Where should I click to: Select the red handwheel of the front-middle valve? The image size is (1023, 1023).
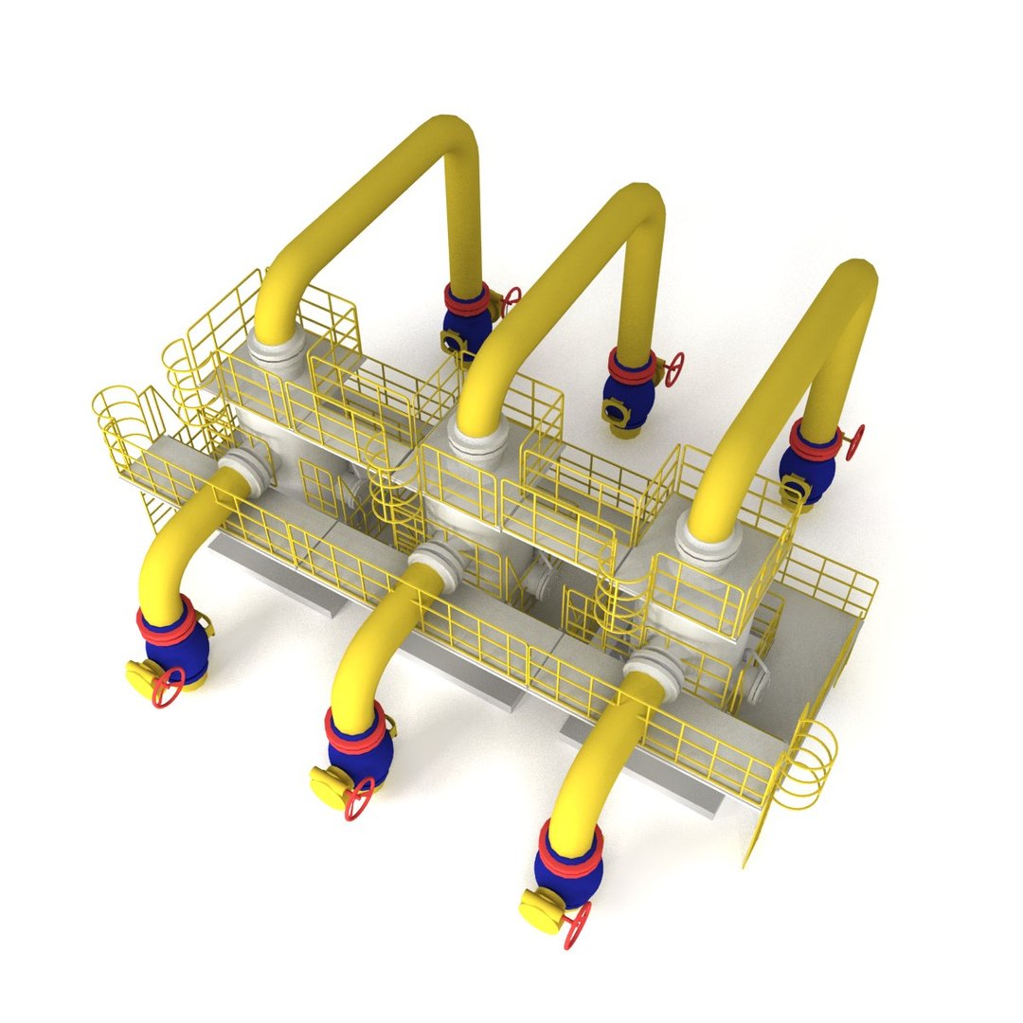[x=359, y=798]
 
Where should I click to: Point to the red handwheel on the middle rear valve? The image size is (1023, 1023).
[x=673, y=368]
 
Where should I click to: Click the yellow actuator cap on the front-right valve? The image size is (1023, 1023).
[x=541, y=907]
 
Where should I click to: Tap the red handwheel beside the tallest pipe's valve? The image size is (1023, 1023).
[x=511, y=301]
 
